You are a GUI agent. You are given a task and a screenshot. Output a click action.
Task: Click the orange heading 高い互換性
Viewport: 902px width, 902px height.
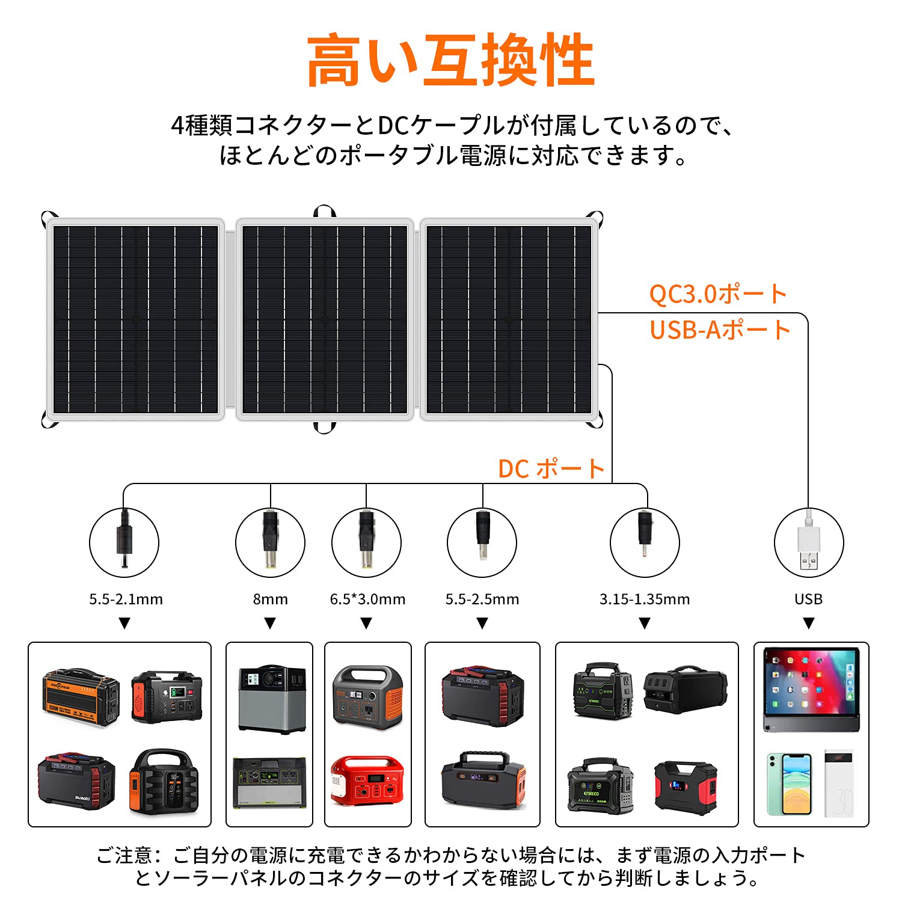450,61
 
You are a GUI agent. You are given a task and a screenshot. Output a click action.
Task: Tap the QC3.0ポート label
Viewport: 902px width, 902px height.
717,294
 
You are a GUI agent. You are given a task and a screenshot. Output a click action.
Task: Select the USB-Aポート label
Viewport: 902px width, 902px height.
720,330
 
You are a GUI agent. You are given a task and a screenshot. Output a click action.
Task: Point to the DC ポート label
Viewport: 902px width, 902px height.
551,469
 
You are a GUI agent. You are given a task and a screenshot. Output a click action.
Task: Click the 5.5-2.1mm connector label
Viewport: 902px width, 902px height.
126,599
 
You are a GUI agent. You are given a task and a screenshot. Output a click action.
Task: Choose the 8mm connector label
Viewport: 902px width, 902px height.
270,599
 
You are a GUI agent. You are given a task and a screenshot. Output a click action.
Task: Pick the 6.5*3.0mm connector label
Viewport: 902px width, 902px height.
367,599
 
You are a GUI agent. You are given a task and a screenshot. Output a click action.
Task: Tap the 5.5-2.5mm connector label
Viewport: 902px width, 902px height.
482,599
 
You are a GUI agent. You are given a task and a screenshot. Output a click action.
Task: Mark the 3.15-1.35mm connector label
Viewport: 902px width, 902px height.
645,599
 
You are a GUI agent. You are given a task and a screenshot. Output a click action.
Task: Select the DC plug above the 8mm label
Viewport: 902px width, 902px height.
270,539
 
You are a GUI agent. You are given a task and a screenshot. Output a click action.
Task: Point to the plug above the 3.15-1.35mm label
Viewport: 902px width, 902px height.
645,529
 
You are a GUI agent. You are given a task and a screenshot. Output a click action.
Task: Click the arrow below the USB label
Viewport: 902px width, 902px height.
809,624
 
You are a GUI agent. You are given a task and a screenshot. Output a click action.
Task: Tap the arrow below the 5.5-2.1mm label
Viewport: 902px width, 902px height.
124,624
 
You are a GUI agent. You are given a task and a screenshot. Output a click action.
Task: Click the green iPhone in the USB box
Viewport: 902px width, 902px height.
789,784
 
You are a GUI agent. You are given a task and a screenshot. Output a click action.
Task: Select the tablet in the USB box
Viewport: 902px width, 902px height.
811,690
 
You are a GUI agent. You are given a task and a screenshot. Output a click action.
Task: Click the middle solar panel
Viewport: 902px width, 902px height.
325,319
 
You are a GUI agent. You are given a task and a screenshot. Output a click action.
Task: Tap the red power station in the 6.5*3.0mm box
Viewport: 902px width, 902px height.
367,780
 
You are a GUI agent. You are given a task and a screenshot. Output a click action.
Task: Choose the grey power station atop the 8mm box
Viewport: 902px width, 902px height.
272,699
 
